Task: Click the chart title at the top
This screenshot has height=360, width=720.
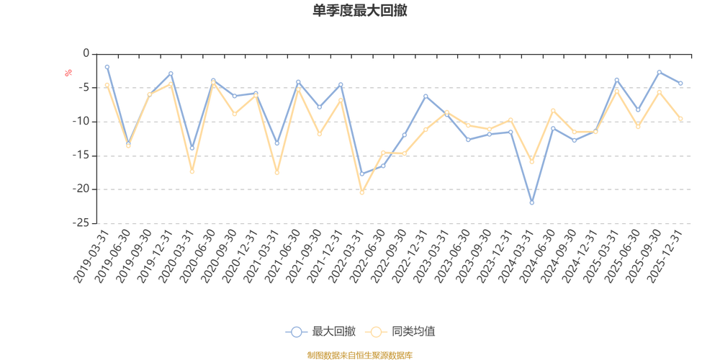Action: (x=360, y=10)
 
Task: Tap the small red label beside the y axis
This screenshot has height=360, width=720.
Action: (x=68, y=72)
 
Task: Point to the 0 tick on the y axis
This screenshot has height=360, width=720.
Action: (x=85, y=53)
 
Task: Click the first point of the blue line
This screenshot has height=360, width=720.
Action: (x=107, y=66)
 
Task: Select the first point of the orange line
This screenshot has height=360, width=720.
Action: (x=106, y=84)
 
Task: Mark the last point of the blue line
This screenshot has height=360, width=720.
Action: (x=680, y=84)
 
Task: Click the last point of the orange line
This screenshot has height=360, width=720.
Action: (x=680, y=117)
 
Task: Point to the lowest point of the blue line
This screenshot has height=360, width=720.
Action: (x=532, y=203)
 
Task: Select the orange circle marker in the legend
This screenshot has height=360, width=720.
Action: (x=375, y=332)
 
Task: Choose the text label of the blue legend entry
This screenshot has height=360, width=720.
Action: (x=335, y=332)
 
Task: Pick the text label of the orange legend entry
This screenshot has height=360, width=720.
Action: (x=413, y=332)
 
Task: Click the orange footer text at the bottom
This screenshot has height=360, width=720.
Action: (x=360, y=354)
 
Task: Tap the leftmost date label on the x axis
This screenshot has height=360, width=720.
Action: (x=92, y=256)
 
